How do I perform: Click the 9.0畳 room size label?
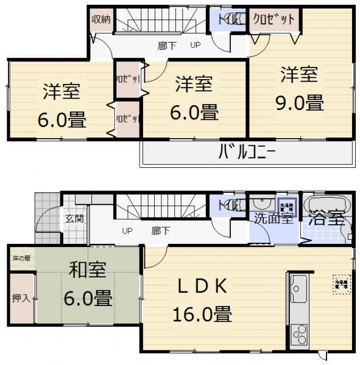click(x=298, y=102)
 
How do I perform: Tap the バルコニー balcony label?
click(x=247, y=150)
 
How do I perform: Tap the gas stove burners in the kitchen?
click(x=298, y=335)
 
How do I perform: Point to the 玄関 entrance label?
click(x=75, y=219)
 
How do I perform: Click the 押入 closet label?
click(x=21, y=299)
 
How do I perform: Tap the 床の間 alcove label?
click(x=21, y=258)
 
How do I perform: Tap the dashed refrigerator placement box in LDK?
click(x=341, y=283)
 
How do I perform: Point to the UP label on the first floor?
click(x=127, y=231)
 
